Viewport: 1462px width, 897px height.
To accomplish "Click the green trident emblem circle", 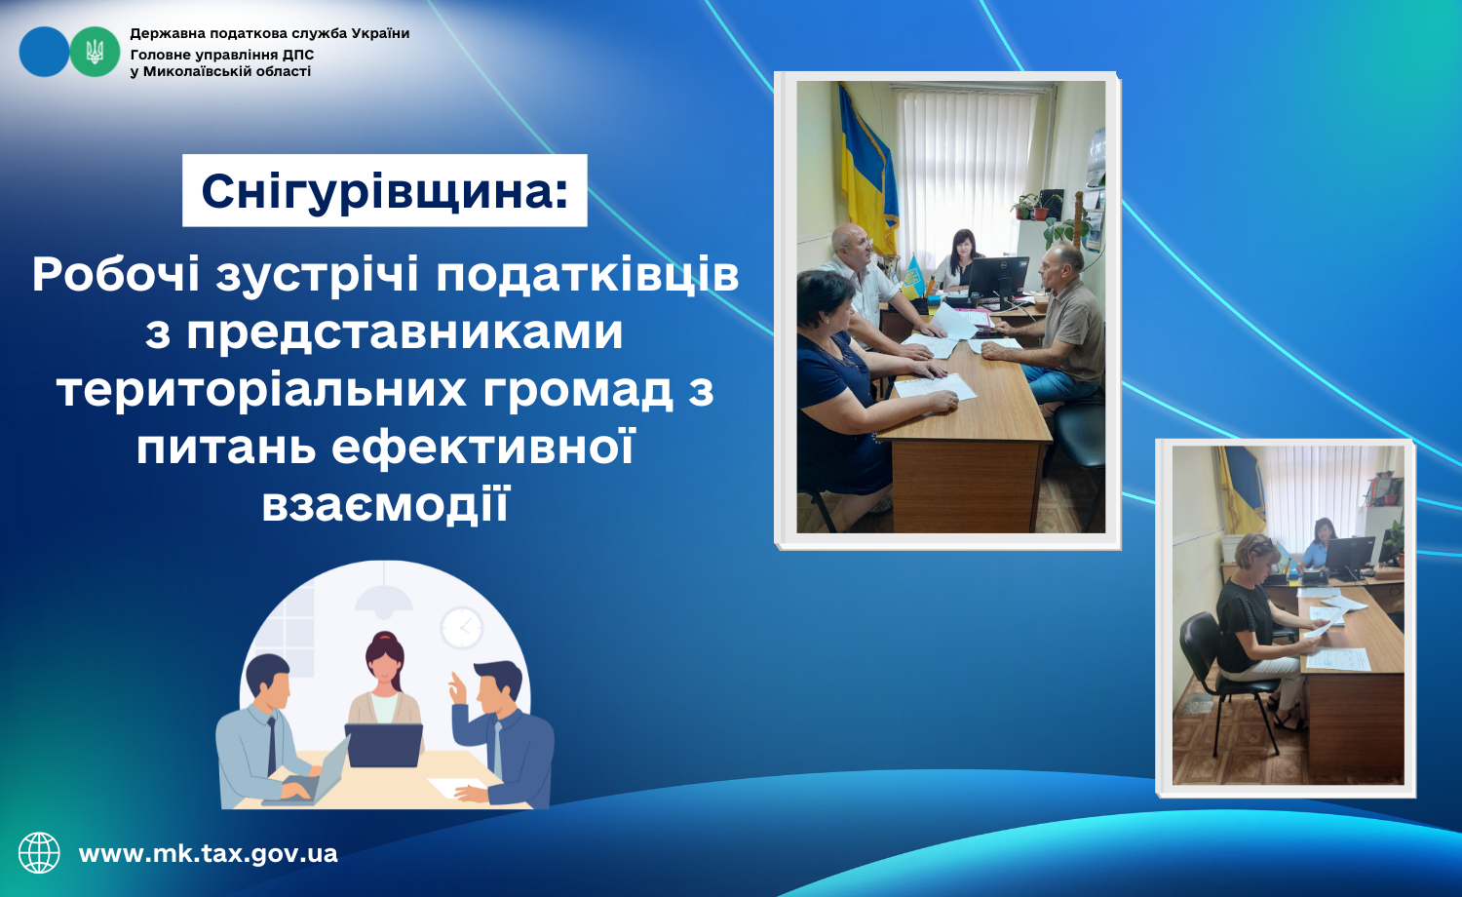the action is [x=95, y=52].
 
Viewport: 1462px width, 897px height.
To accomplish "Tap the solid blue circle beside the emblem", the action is [x=45, y=52].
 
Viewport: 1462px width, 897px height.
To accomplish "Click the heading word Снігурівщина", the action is [x=384, y=191].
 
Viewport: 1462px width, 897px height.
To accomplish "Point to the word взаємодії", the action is [x=385, y=503].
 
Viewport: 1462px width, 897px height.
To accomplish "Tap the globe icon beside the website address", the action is [x=39, y=852].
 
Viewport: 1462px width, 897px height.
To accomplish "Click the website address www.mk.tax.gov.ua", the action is [x=209, y=853].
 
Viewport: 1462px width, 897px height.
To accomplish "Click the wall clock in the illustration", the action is [x=461, y=627].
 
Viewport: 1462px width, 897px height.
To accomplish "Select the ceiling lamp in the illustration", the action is [x=383, y=598].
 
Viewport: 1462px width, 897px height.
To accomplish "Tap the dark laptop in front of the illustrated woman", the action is [x=384, y=745].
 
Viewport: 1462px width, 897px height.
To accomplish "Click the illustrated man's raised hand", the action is [x=458, y=688].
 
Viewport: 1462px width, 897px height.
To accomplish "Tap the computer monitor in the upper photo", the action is [x=997, y=279].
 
